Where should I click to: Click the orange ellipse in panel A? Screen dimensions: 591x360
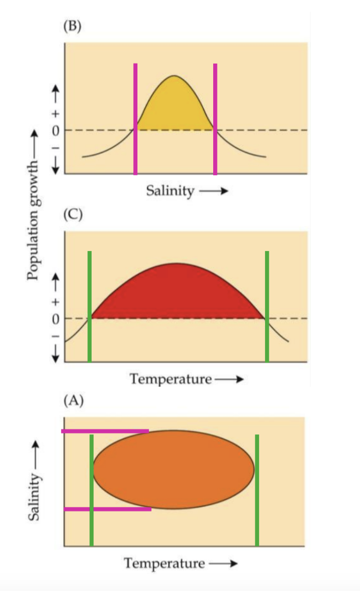173,469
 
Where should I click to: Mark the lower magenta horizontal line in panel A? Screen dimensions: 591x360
108,509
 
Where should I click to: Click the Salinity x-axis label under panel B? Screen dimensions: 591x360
170,191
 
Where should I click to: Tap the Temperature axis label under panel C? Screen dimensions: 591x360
171,379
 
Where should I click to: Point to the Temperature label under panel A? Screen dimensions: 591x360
165,563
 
